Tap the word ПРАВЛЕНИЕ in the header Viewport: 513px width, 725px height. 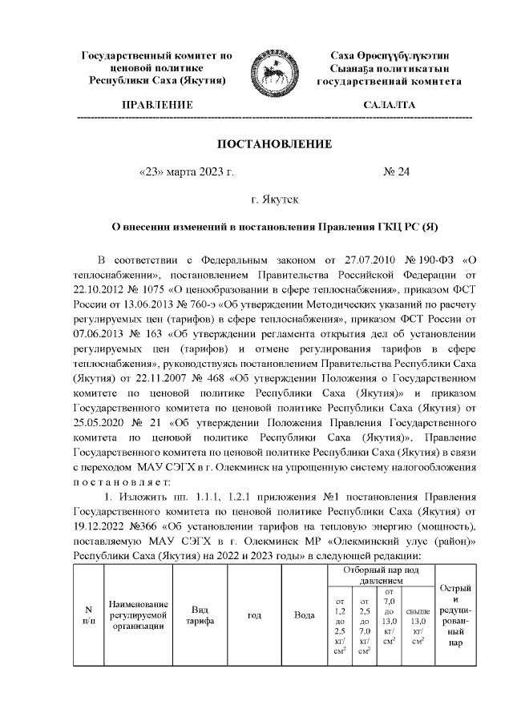(x=157, y=106)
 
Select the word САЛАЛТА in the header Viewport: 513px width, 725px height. (x=390, y=106)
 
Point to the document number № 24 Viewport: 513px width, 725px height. (x=398, y=171)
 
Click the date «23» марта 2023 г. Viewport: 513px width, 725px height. (x=186, y=171)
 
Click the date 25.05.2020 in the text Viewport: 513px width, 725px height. (x=101, y=423)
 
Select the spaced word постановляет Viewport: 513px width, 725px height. (x=120, y=481)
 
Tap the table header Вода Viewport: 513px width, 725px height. (x=305, y=615)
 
